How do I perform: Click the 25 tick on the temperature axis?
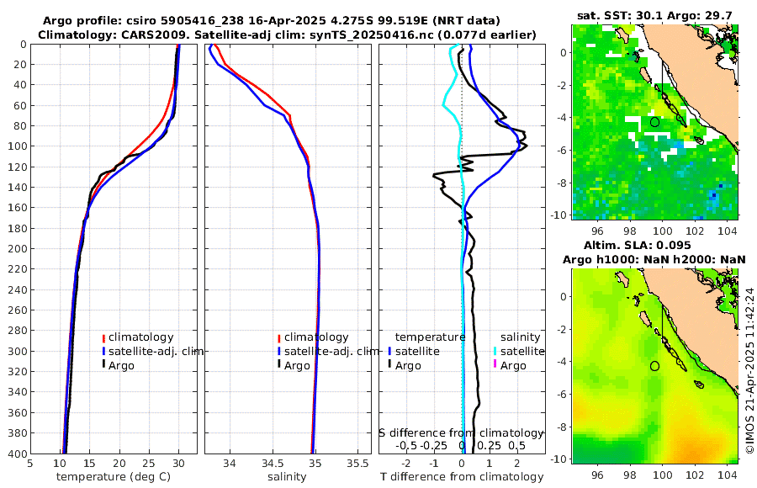tap(149, 464)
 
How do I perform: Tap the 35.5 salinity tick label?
tap(357, 464)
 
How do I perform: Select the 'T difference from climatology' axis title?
tap(462, 477)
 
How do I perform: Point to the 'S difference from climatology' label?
tap(461, 432)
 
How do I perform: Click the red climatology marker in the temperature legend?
tap(103, 337)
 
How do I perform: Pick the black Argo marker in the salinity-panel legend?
tap(278, 365)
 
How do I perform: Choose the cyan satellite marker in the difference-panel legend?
tap(495, 351)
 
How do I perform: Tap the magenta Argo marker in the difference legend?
tap(495, 365)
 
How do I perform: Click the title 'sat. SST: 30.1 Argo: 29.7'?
tap(654, 16)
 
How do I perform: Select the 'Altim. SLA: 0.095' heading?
tap(654, 246)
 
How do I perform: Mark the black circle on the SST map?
tap(655, 122)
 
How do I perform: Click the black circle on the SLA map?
tap(655, 366)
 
